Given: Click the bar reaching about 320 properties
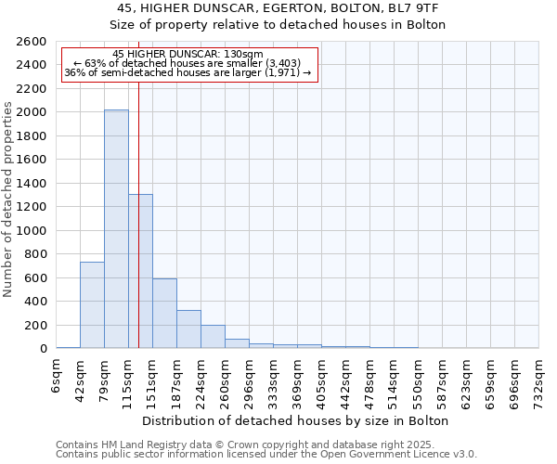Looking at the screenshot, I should (x=188, y=329).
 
